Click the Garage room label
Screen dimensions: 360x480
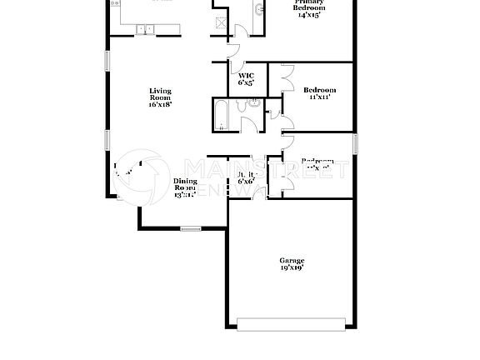point(291,261)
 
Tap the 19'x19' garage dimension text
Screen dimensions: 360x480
point(291,269)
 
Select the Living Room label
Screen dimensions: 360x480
point(160,94)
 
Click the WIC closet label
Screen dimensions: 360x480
point(246,76)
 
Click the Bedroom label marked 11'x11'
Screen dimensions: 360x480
point(319,90)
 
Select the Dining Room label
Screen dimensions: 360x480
point(185,185)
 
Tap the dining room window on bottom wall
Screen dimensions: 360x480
point(191,228)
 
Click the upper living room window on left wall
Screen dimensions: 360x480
point(107,62)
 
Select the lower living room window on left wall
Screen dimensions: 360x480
point(107,139)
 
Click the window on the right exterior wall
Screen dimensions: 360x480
point(354,143)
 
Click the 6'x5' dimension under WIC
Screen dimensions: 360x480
point(246,83)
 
